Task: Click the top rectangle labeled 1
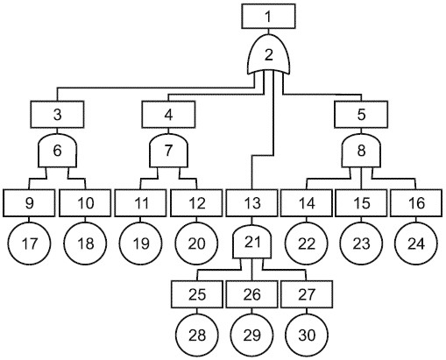268,16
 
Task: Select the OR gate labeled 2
269,54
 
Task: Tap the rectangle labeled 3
58,114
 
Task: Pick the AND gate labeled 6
58,151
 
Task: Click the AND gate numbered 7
168,151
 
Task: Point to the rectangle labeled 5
361,114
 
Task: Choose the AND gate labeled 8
361,151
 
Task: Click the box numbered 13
251,203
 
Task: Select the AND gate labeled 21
252,242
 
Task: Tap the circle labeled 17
30,244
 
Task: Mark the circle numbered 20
196,244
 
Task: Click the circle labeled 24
416,244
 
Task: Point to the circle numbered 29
251,335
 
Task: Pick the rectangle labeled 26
251,294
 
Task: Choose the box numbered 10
85,203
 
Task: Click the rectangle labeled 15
362,203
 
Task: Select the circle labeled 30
307,335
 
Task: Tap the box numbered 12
197,203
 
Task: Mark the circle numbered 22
307,244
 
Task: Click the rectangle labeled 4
168,114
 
